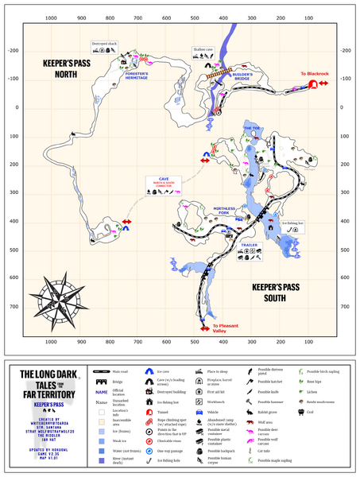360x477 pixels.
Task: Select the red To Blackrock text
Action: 313,74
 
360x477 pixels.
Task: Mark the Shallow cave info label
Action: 204,49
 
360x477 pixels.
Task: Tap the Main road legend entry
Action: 118,371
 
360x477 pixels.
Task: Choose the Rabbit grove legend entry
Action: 270,413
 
